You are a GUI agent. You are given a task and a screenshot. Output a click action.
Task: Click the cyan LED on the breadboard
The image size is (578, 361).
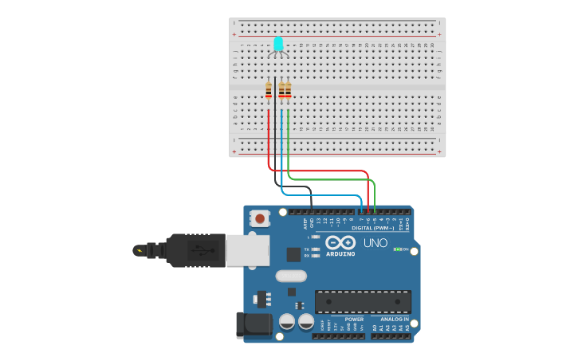(x=278, y=44)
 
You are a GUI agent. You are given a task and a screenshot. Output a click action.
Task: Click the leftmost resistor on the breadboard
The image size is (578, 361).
(x=269, y=90)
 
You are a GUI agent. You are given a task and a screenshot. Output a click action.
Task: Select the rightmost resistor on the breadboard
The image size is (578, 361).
(x=288, y=90)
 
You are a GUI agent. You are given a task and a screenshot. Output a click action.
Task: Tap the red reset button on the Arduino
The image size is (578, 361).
(x=260, y=218)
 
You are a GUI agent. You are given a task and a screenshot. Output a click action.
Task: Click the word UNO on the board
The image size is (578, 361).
(x=375, y=243)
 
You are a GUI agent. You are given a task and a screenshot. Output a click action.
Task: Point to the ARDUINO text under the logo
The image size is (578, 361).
(x=340, y=253)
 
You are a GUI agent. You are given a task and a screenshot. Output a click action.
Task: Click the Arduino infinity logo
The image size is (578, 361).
(x=340, y=242)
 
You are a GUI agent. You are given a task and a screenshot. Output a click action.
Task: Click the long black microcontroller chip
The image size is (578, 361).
(x=364, y=302)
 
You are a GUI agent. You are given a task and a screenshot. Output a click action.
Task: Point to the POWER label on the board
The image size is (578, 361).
(x=354, y=319)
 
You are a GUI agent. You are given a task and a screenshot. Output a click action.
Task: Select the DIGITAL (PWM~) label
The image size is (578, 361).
(x=373, y=228)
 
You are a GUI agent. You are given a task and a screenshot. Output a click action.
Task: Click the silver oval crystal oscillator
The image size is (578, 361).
(x=291, y=277)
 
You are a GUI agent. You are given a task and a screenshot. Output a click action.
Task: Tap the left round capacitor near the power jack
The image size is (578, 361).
(x=288, y=322)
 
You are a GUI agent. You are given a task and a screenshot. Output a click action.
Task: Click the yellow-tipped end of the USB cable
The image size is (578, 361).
(x=140, y=250)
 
